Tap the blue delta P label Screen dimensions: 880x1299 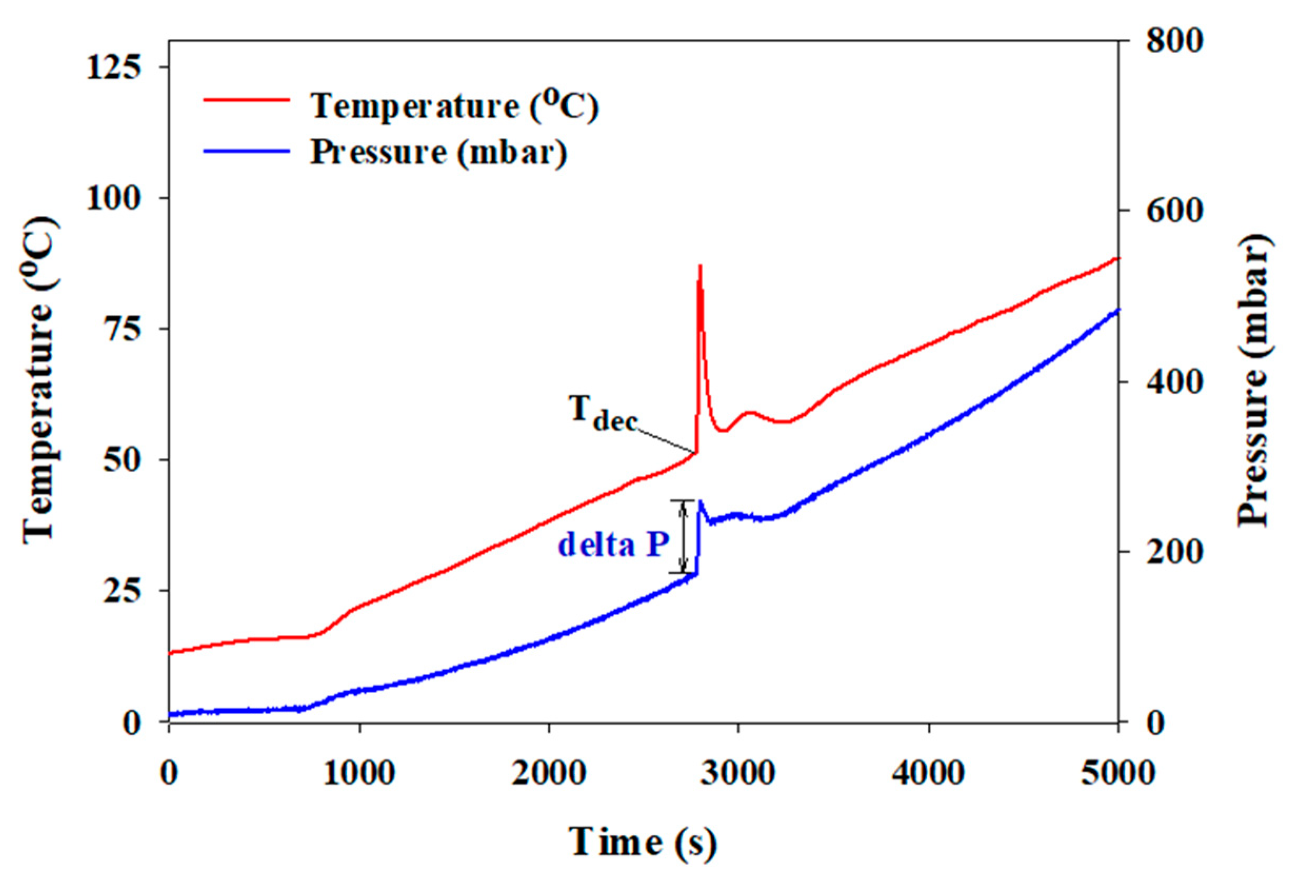click(x=613, y=544)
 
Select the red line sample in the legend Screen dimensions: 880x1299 click(x=246, y=100)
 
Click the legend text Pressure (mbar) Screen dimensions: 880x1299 click(x=439, y=152)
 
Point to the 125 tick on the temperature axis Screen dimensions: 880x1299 click(x=113, y=67)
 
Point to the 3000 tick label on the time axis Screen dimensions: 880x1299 click(x=738, y=773)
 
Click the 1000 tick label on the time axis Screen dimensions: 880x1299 click(x=359, y=773)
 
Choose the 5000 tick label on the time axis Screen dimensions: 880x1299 click(x=1117, y=773)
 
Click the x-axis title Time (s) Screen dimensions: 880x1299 click(x=643, y=842)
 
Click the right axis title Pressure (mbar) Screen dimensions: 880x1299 click(x=1254, y=380)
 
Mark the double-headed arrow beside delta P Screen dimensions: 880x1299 click(x=683, y=536)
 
